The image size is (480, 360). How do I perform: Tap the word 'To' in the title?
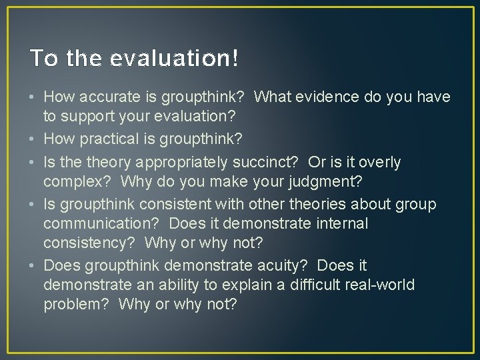[x=43, y=59]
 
